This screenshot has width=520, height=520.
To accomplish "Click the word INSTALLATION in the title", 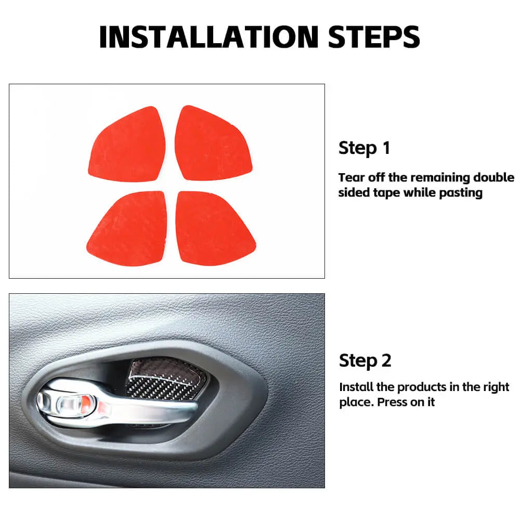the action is pos(209,37).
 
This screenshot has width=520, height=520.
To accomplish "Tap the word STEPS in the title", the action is pos(374,37).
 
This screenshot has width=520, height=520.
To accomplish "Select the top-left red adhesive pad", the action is pos(127,145).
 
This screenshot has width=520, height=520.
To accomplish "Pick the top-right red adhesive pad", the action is pos(213,144).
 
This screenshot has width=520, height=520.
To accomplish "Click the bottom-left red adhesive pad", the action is pos(127,228).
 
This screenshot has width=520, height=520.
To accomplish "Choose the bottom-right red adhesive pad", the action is pos(215,228).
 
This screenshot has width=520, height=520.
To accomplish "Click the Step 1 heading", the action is pos(364,148).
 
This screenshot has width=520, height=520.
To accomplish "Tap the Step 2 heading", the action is pos(365,360).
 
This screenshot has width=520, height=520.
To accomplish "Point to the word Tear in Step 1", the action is pos(351,177).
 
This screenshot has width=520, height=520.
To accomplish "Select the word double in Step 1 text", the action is pos(493,177).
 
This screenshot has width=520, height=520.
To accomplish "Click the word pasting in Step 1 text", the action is pos(461,193).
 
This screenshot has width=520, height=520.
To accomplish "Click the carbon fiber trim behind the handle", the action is pos(166,378).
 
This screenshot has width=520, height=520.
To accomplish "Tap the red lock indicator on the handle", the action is pos(86,402).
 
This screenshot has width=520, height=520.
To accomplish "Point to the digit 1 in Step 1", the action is pos(386,148).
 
